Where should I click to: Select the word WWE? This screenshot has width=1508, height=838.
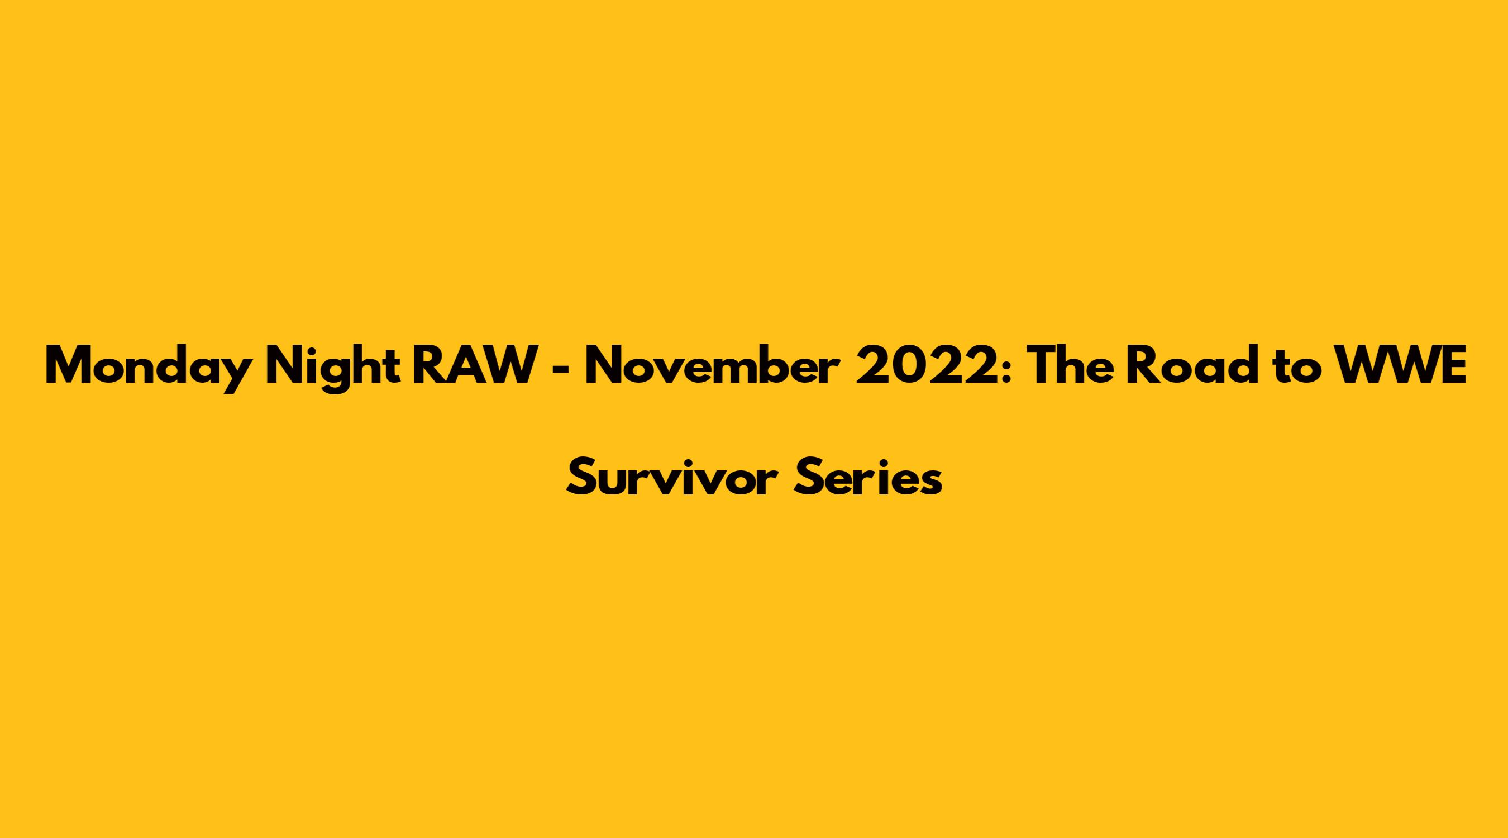tap(1397, 366)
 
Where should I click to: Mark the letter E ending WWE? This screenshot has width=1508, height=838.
tap(1454, 366)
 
